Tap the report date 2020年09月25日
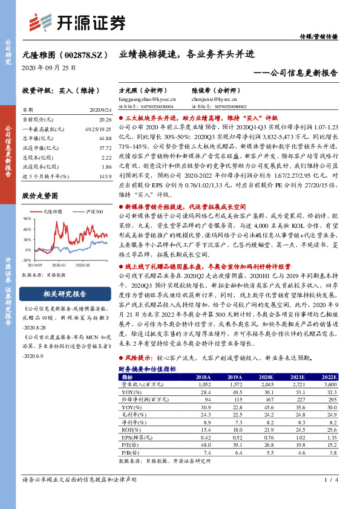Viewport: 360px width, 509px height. pos(46,68)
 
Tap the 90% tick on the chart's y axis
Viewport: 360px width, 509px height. pos(27,218)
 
